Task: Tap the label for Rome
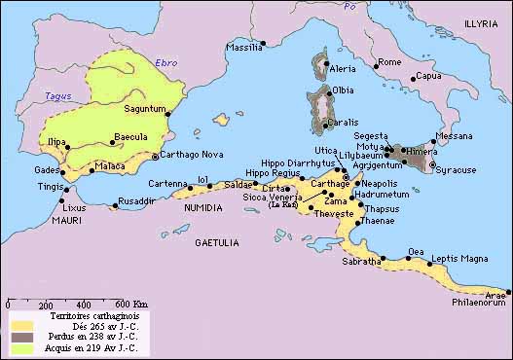coord(389,62)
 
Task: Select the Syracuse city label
coord(456,169)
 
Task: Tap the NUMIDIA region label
coord(200,206)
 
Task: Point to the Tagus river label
coord(58,95)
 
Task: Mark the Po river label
coord(351,7)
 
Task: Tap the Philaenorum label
coord(479,303)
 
